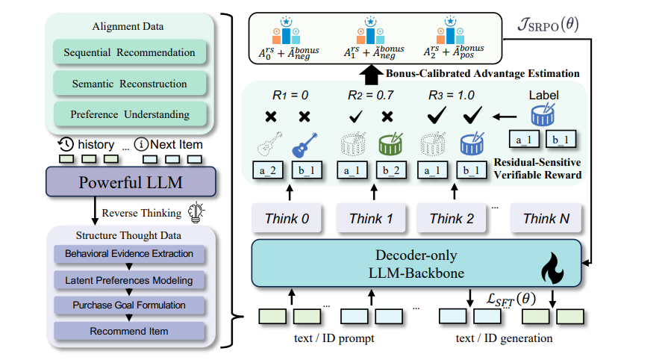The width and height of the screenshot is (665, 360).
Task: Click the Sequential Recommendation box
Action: (129, 53)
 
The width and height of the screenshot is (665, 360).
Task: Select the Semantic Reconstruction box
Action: (129, 84)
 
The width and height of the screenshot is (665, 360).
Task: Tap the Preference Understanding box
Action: (129, 114)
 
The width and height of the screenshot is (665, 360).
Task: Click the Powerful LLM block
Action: (131, 182)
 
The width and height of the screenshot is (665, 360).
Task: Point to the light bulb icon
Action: (197, 212)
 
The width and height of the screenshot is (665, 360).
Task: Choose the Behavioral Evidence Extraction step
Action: (129, 254)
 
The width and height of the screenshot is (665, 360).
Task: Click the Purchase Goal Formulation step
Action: (129, 305)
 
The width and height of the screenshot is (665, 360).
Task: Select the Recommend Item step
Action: (129, 330)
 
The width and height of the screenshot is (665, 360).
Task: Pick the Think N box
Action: (546, 218)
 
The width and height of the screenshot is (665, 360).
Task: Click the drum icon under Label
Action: (544, 116)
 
